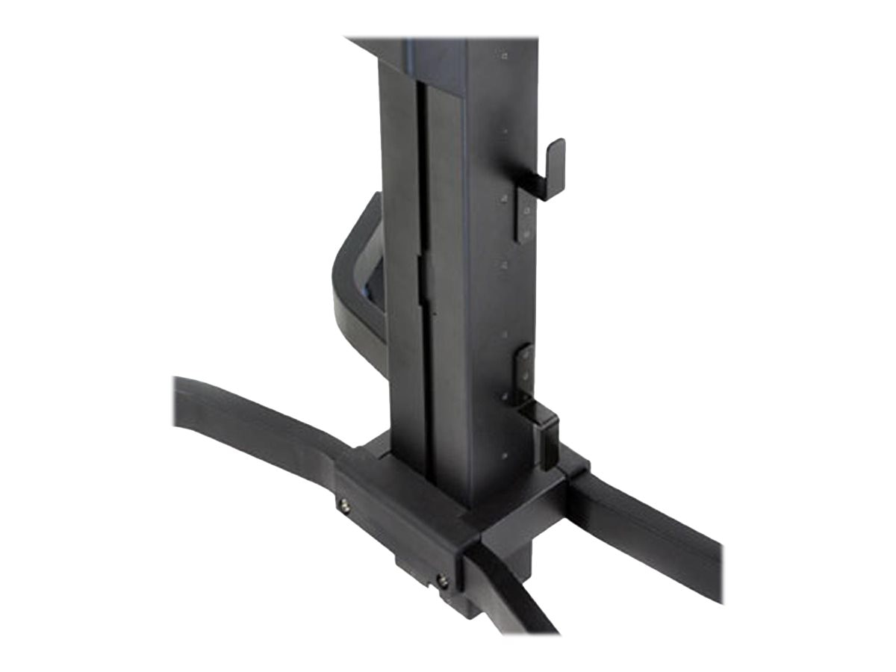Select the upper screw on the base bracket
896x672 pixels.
point(345,506)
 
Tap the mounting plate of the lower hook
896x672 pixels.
point(525,373)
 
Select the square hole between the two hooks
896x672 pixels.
point(505,264)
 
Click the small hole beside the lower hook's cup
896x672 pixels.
point(505,455)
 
